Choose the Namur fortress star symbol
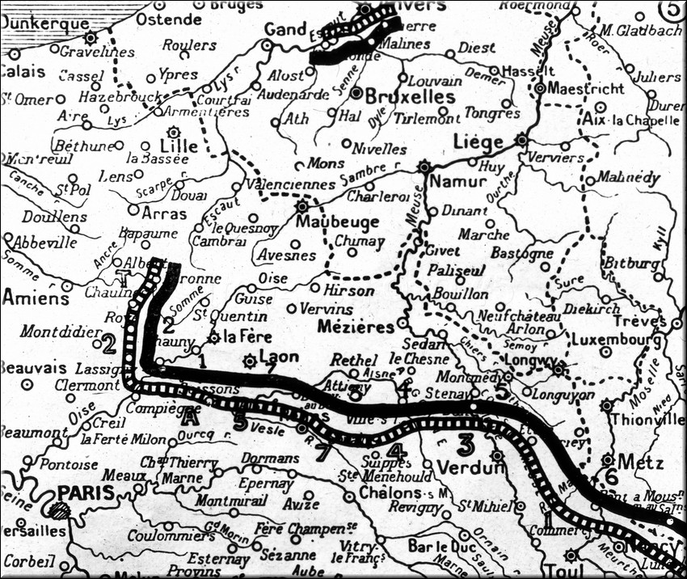424,167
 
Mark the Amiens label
35,298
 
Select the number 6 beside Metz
611,478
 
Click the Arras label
164,214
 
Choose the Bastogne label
529,253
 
